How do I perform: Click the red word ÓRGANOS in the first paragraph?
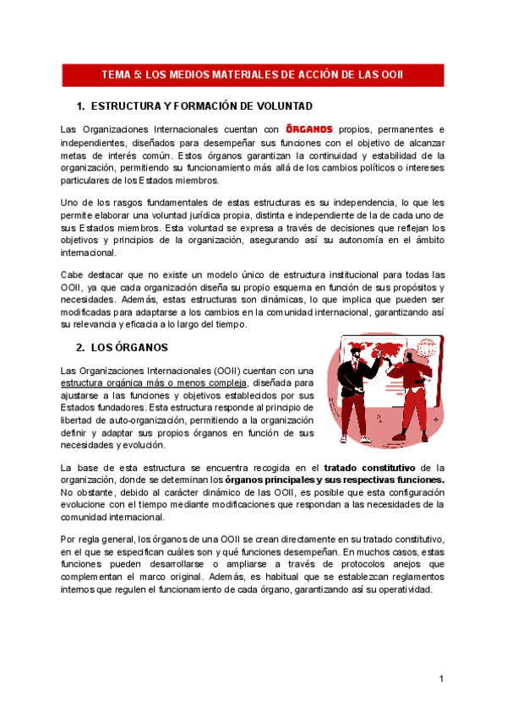click(x=309, y=129)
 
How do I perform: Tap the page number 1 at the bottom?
click(x=441, y=679)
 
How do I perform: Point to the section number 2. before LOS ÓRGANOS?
click(x=80, y=347)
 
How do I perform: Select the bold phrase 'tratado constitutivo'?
click(x=369, y=467)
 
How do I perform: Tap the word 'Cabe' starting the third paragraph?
click(x=73, y=274)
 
